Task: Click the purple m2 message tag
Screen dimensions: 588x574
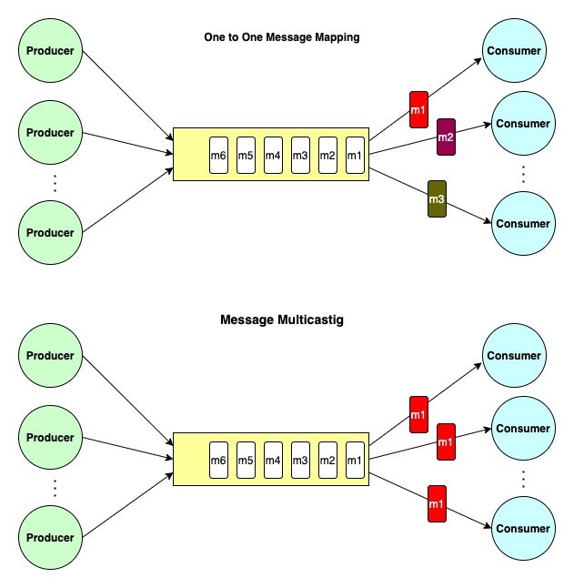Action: pyautogui.click(x=446, y=137)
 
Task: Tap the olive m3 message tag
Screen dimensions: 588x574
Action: pyautogui.click(x=437, y=199)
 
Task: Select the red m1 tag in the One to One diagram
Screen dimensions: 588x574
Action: pyautogui.click(x=418, y=110)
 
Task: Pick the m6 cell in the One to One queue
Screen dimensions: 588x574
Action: pyautogui.click(x=218, y=155)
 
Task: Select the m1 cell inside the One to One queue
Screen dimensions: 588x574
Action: pyautogui.click(x=355, y=155)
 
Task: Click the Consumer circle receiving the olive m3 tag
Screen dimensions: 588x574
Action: pyautogui.click(x=523, y=223)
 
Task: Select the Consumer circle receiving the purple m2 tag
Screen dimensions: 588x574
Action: pyautogui.click(x=523, y=124)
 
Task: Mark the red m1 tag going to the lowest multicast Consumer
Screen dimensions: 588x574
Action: pyautogui.click(x=437, y=504)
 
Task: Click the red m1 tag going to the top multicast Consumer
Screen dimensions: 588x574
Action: pyautogui.click(x=418, y=415)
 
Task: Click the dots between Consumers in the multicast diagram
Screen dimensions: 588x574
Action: pyautogui.click(x=523, y=478)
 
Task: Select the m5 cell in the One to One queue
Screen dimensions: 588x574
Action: pyautogui.click(x=246, y=155)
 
